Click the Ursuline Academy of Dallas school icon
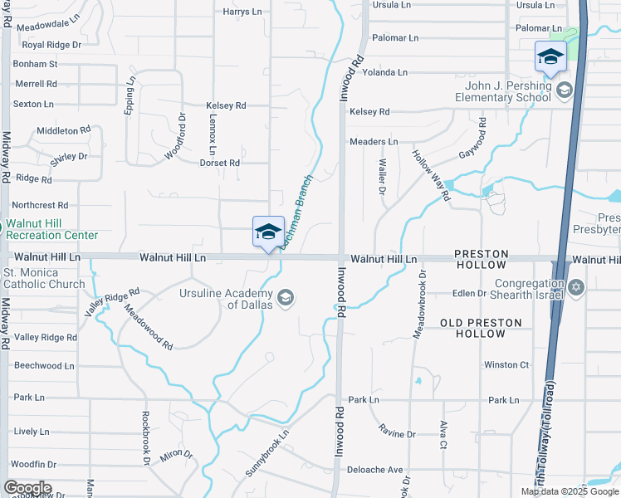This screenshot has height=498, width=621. (286, 298)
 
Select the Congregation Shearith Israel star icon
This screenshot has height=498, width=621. (577, 288)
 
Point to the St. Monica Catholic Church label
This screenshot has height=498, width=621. (43, 278)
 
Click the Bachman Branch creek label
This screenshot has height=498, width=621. (297, 208)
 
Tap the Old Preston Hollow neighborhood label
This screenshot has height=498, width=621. (482, 328)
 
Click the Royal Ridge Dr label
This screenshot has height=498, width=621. (51, 44)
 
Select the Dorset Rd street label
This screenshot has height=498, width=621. (219, 164)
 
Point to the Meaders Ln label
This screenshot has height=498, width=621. (374, 142)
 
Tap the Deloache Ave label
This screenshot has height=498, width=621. (374, 470)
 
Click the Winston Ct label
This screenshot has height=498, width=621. (506, 364)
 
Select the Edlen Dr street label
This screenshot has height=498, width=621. (469, 294)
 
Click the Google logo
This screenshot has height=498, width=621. (27, 488)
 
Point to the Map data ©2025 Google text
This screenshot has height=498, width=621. (569, 491)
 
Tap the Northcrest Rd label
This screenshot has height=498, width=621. (39, 205)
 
